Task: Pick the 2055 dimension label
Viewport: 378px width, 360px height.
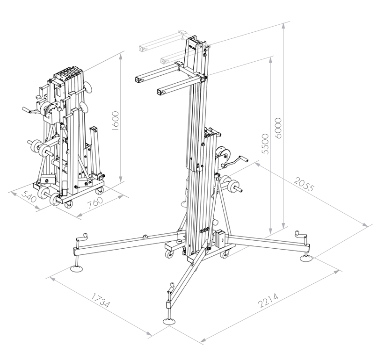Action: pos(305,186)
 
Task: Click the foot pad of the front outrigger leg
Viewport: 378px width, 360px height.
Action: pos(169,321)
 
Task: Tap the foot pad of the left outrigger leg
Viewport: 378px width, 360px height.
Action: pos(76,268)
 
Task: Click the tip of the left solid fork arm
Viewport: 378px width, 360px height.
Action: pos(137,79)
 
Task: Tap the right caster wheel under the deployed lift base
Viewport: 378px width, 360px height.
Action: pos(225,254)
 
